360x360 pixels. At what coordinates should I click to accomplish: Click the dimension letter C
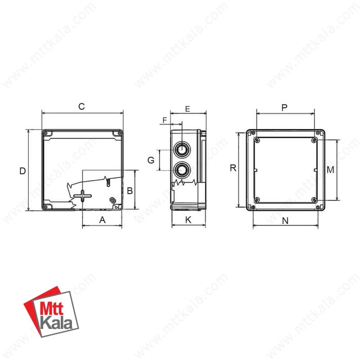[x=81, y=107]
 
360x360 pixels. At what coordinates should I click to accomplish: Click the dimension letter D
[x=22, y=171]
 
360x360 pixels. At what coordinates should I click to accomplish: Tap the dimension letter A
[x=103, y=220]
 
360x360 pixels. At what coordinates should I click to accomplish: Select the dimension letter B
[x=130, y=190]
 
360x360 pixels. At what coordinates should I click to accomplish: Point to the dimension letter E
[x=188, y=109]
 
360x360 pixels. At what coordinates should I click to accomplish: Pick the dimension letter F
[x=165, y=120]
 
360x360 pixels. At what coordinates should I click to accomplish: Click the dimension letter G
[x=151, y=160]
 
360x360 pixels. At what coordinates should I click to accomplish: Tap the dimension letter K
[x=188, y=220]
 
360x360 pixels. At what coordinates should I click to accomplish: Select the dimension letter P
[x=284, y=108]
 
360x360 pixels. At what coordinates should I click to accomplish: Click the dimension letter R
[x=233, y=168]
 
